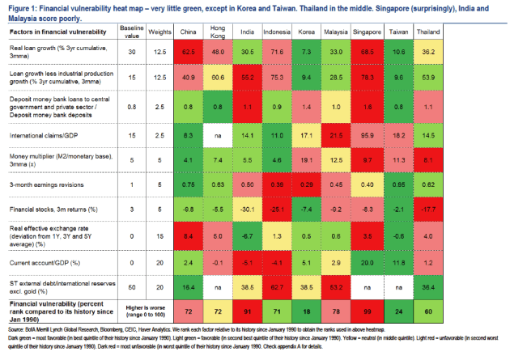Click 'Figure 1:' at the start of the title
click(x=22, y=6)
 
